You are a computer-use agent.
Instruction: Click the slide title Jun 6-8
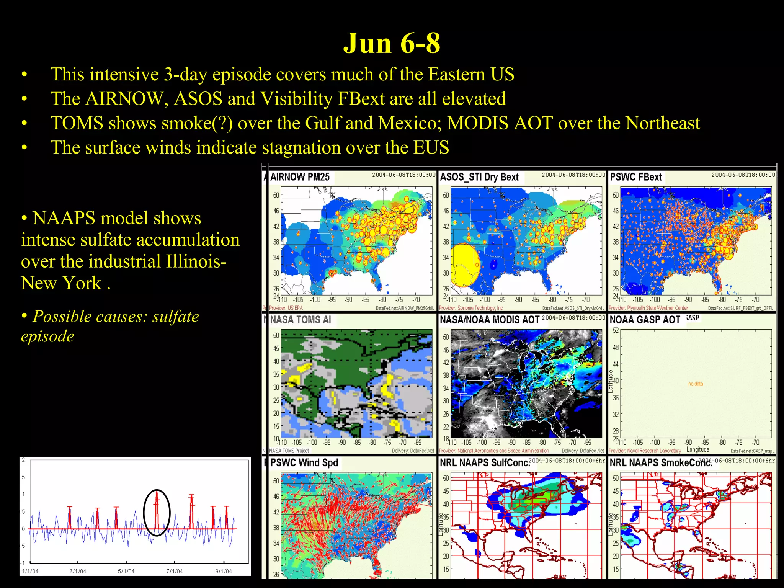point(392,43)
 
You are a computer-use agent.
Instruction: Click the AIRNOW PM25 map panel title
point(299,177)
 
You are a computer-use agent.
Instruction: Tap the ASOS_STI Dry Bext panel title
point(479,177)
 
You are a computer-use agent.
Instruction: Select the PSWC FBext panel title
point(635,177)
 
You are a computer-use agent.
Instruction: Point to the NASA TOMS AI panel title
point(300,320)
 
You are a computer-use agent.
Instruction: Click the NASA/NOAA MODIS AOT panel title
point(489,320)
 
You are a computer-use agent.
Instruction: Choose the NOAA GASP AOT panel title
point(645,320)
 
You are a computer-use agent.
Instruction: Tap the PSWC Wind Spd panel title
point(304,462)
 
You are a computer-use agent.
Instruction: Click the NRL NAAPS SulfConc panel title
point(485,462)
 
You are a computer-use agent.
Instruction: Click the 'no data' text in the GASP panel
point(695,384)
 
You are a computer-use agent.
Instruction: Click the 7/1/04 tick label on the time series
point(174,571)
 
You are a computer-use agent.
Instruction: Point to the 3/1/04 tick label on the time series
point(78,571)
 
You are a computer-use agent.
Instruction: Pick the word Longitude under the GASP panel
point(697,449)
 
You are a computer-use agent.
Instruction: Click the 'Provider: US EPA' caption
point(286,308)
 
